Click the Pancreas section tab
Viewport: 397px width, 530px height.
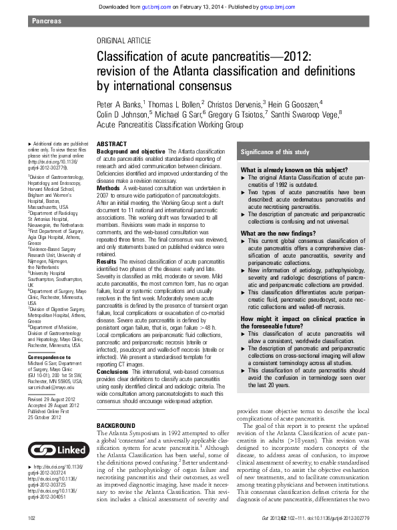pos(46,21)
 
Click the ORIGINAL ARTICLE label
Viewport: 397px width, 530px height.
pos(123,41)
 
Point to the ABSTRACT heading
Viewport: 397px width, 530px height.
pos(111,144)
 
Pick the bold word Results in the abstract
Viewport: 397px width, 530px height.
pos(107,260)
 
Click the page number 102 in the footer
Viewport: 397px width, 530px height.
pos(31,518)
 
